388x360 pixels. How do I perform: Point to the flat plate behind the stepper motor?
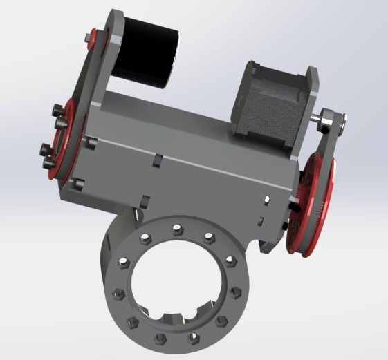[x=308, y=104]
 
